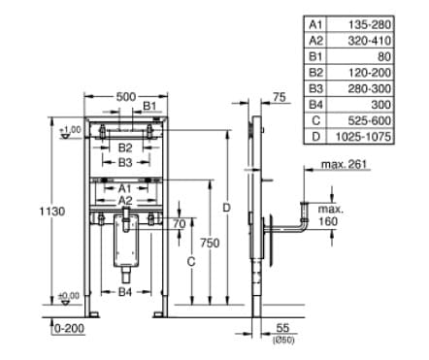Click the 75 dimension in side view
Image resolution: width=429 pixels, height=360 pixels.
pyautogui.click(x=280, y=97)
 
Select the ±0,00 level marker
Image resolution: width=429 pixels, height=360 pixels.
pyautogui.click(x=69, y=295)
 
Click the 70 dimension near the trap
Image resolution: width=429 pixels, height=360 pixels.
pyautogui.click(x=178, y=224)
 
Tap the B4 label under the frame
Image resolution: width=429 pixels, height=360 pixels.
pyautogui.click(x=124, y=291)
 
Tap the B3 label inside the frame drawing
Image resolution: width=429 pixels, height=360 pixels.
pyautogui.click(x=124, y=163)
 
